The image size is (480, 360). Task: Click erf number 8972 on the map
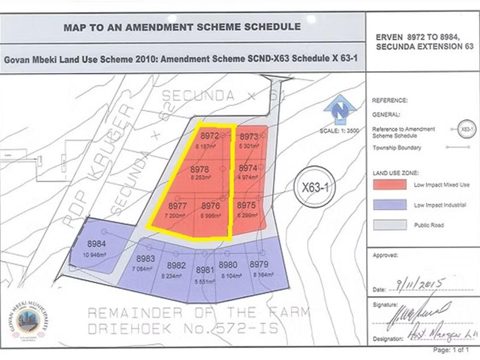tap(209, 136)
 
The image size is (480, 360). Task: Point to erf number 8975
tap(247, 205)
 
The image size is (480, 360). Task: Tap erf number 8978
tap(202, 170)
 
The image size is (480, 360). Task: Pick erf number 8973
tap(248, 136)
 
